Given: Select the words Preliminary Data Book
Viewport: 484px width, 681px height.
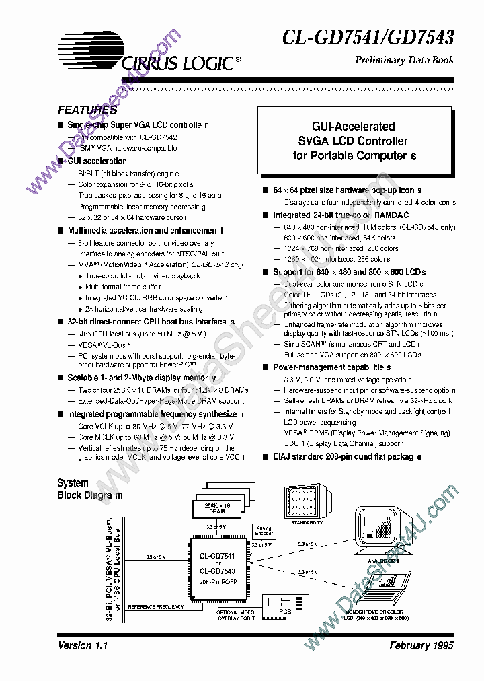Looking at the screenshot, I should pos(404,60).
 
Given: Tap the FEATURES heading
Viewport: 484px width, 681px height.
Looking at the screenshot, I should pos(87,110).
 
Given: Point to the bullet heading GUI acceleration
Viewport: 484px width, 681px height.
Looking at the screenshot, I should pos(97,162).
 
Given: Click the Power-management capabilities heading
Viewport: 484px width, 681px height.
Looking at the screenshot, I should pos(331,367).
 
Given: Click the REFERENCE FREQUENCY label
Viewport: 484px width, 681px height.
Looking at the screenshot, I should pos(155,607).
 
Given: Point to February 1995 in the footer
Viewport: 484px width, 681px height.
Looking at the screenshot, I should pos(421,645).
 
